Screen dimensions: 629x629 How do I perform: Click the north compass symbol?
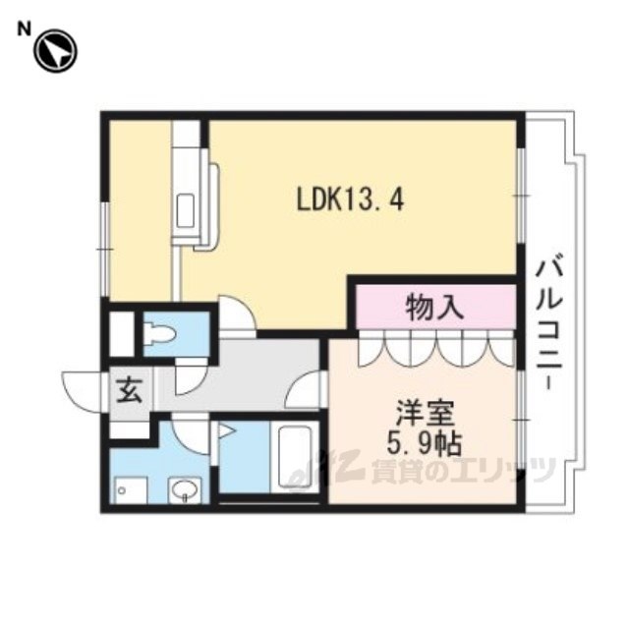click(55, 51)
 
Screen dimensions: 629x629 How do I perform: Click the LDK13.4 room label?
click(350, 200)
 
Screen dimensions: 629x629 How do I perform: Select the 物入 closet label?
click(434, 308)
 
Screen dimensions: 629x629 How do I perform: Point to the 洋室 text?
click(426, 414)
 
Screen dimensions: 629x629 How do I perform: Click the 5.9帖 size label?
click(424, 444)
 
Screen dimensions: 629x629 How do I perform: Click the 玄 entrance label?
click(130, 390)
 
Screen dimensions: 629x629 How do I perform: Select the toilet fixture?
click(160, 334)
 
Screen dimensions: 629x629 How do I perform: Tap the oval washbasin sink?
click(185, 489)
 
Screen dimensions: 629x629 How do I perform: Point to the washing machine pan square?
click(131, 490)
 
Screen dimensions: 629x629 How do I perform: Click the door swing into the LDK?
click(237, 314)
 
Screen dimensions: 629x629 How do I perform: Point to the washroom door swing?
click(190, 434)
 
